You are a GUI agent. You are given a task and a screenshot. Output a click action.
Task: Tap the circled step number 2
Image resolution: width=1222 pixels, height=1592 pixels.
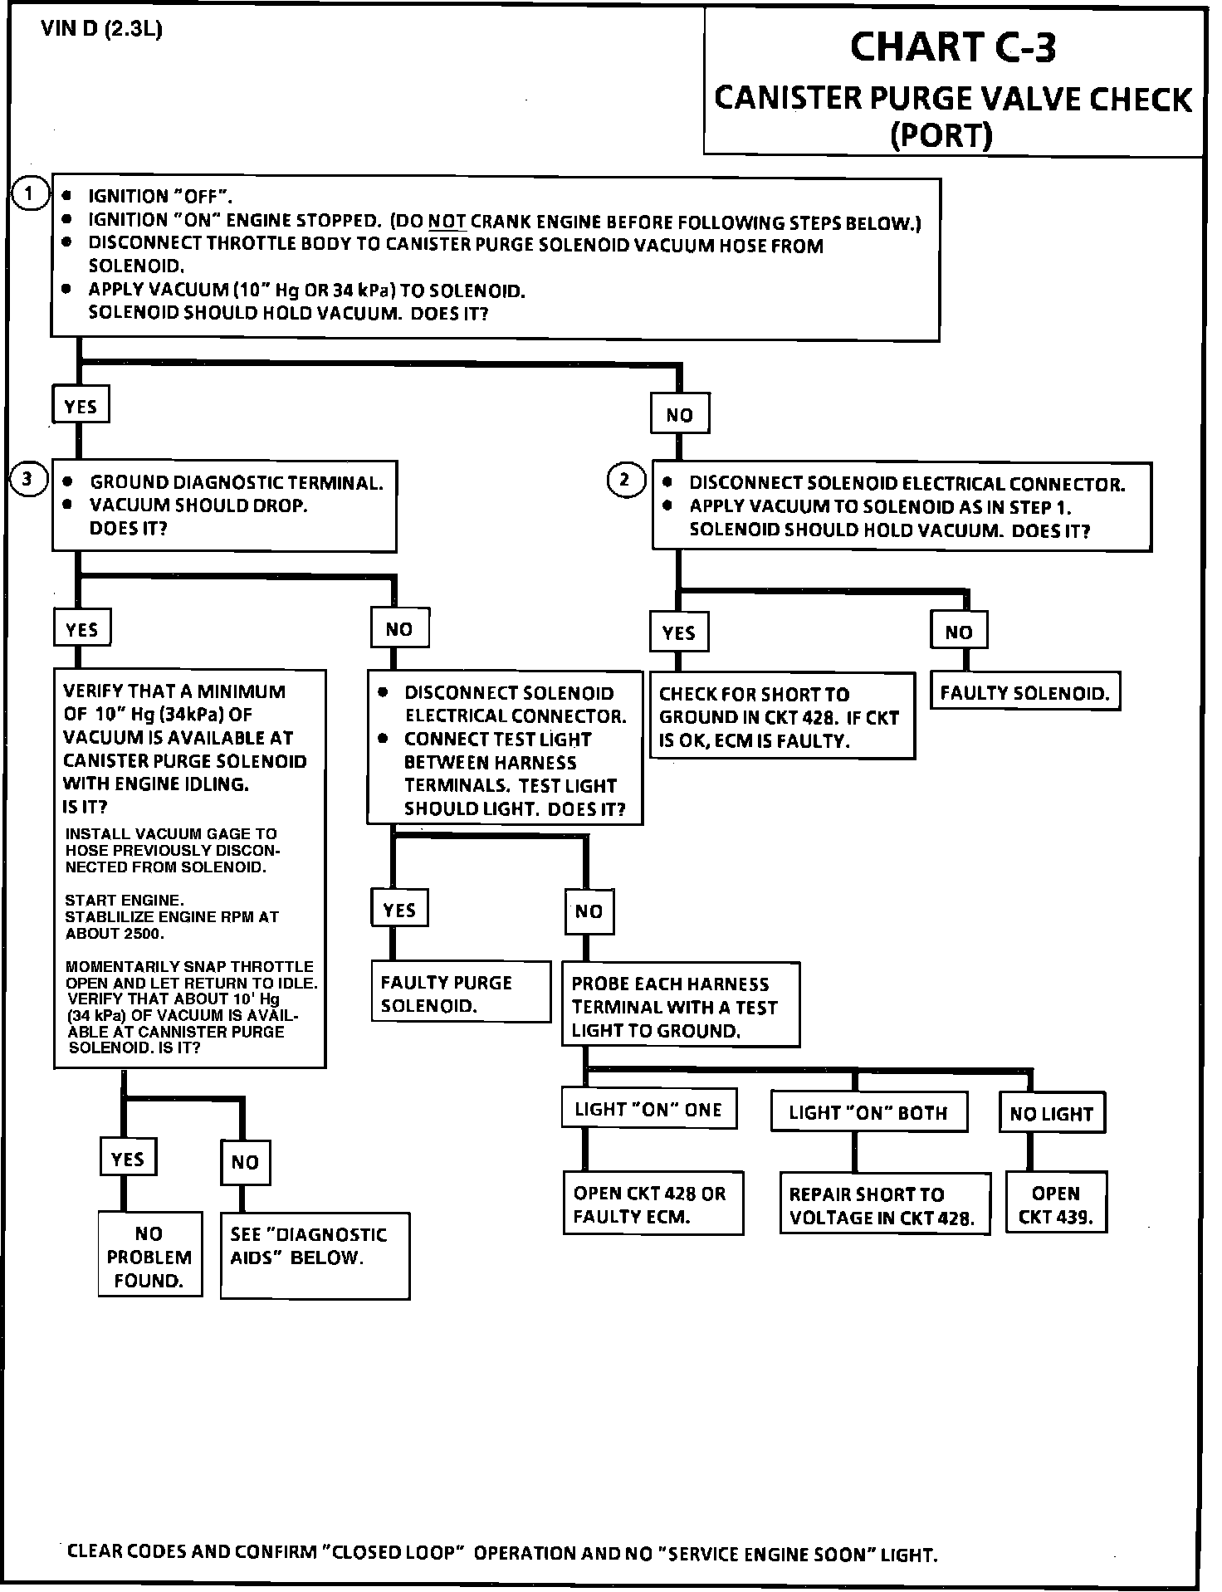pos(626,480)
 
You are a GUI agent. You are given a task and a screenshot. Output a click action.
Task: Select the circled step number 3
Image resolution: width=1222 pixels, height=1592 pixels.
pos(28,480)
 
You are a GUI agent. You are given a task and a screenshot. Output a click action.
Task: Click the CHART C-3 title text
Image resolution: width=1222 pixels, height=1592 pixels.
pos(952,47)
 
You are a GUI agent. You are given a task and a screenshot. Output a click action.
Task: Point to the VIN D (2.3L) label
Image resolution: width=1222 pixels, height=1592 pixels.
pos(101,30)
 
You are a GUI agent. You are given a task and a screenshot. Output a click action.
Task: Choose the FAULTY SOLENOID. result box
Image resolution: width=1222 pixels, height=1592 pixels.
pos(1024,693)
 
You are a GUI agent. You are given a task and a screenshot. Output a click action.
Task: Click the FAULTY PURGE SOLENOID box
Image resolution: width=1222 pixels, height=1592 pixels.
pos(461,994)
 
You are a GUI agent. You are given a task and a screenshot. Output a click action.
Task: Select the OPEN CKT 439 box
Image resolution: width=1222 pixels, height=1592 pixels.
pos(1056,1205)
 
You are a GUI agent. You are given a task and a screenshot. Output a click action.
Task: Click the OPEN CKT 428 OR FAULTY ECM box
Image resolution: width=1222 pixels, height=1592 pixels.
pos(653,1204)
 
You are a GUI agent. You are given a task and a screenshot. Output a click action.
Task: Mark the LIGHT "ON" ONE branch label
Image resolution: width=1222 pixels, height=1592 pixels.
pos(648,1110)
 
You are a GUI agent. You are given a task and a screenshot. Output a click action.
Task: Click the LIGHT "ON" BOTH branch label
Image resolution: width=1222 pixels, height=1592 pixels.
pos(868,1112)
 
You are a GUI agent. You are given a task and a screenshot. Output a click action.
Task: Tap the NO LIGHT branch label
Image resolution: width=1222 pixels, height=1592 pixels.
pos(1052,1114)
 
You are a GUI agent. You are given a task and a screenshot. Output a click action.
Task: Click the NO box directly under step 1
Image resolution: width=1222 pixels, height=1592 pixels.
pos(679,414)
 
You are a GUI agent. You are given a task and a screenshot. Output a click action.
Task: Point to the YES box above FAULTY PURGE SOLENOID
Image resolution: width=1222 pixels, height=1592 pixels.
pos(399,911)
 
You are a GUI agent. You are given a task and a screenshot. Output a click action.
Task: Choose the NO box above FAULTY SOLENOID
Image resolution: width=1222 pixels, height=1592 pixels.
pos(959,632)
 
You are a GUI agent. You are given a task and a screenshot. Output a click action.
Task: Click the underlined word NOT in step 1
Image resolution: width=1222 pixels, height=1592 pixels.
pos(447,222)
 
